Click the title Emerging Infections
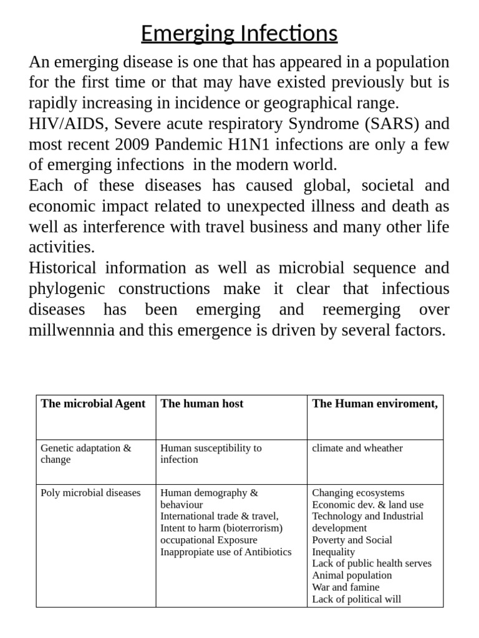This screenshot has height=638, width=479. coord(239,33)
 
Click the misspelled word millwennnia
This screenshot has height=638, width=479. coord(72,330)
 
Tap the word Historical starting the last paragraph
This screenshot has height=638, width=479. coord(62,269)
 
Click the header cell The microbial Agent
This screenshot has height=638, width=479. coord(93,404)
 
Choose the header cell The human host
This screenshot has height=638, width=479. coord(202,404)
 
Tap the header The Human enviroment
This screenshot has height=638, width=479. coord(375,404)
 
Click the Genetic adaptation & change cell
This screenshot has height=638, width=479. coord(86,454)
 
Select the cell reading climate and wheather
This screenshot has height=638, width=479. coord(357,448)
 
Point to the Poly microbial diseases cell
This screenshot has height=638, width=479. coord(90,493)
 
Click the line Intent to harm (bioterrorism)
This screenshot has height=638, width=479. coord(221,528)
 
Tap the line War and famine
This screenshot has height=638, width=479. coord(346,587)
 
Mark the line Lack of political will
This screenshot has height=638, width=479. coord(356,599)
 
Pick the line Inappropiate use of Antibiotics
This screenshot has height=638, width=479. coord(226,552)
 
